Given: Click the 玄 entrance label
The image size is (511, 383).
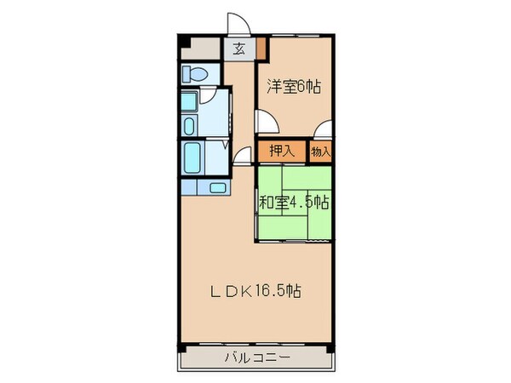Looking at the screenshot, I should click(239, 49).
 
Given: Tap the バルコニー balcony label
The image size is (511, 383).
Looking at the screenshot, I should click(256, 358).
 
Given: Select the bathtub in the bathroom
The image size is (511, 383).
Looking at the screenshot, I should click(191, 157).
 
